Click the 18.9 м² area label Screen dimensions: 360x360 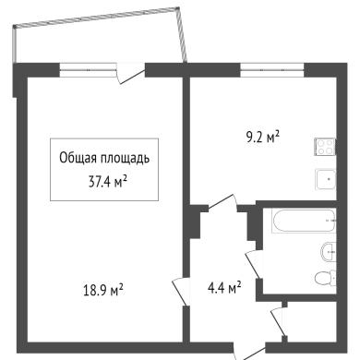(103, 290)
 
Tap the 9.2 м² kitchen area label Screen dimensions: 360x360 (262, 138)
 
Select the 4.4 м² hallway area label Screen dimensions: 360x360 (224, 288)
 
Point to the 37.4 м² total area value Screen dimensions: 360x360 (108, 182)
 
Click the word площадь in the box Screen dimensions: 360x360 (124, 159)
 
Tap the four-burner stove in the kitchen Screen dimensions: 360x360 (325, 147)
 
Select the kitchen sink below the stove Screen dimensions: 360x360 (325, 179)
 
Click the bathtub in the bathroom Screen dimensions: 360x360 (304, 221)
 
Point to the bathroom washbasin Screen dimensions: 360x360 (329, 252)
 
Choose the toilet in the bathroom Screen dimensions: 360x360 (326, 278)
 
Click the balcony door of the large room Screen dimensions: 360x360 (130, 73)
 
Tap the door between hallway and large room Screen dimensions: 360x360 (181, 291)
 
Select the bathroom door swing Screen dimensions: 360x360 (254, 264)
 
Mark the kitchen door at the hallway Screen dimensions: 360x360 (222, 203)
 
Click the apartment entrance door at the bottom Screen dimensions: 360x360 (249, 351)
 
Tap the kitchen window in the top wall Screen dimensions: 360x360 (272, 70)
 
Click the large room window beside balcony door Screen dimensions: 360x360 (88, 70)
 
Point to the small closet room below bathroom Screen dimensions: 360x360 (311, 321)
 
